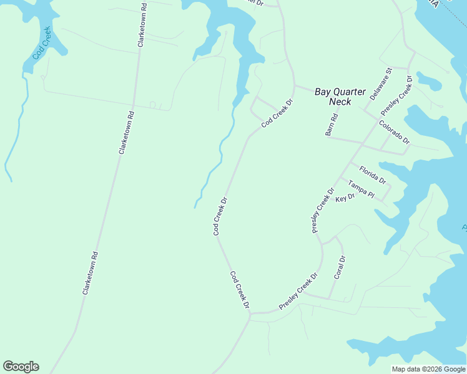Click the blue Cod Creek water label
click(x=42, y=43)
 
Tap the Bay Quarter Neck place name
click(x=340, y=97)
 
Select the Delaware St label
click(x=381, y=84)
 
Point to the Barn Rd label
click(x=332, y=125)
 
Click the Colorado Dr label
click(x=394, y=132)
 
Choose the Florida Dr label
click(x=373, y=175)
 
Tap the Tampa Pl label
click(x=361, y=190)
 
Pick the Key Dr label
click(x=345, y=198)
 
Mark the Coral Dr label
click(x=340, y=267)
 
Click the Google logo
click(x=21, y=367)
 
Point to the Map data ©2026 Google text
click(x=428, y=368)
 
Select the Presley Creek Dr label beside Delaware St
click(x=397, y=95)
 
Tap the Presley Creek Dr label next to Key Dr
click(x=323, y=209)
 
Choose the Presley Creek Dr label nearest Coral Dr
click(x=298, y=291)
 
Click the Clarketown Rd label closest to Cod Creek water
click(x=142, y=24)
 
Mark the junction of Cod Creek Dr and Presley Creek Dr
click(x=250, y=314)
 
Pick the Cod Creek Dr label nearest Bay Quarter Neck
click(x=277, y=113)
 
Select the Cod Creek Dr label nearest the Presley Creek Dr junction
click(x=239, y=290)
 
